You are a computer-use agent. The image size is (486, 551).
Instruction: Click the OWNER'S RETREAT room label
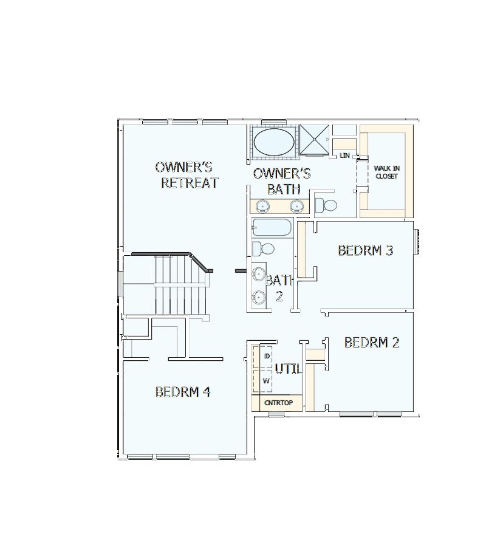click(x=187, y=175)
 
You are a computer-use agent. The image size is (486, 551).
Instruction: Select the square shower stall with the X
click(x=315, y=141)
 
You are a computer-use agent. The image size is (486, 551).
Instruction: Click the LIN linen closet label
click(x=345, y=156)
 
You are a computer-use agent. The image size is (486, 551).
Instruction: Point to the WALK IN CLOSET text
click(x=386, y=172)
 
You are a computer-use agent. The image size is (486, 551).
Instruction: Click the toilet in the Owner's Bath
click(x=326, y=205)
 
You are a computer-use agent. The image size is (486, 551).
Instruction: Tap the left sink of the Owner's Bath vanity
click(x=262, y=206)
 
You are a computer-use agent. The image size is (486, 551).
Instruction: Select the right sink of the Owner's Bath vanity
click(x=296, y=206)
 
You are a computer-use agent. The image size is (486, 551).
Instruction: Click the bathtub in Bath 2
click(x=272, y=228)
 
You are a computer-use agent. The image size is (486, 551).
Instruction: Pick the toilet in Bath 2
click(x=262, y=248)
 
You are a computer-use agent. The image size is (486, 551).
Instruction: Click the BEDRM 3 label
click(x=365, y=250)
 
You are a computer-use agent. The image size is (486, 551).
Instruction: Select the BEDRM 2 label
click(x=372, y=343)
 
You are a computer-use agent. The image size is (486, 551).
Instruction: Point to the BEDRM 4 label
click(x=183, y=392)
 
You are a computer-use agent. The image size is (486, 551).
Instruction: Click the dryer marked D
click(x=267, y=355)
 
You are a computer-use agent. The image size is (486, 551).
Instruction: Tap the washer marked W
click(x=265, y=381)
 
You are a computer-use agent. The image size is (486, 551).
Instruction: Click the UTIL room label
click(x=288, y=369)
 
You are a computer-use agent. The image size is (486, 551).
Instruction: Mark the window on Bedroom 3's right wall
click(x=417, y=241)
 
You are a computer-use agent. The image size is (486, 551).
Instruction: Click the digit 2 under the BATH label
click(x=279, y=296)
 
